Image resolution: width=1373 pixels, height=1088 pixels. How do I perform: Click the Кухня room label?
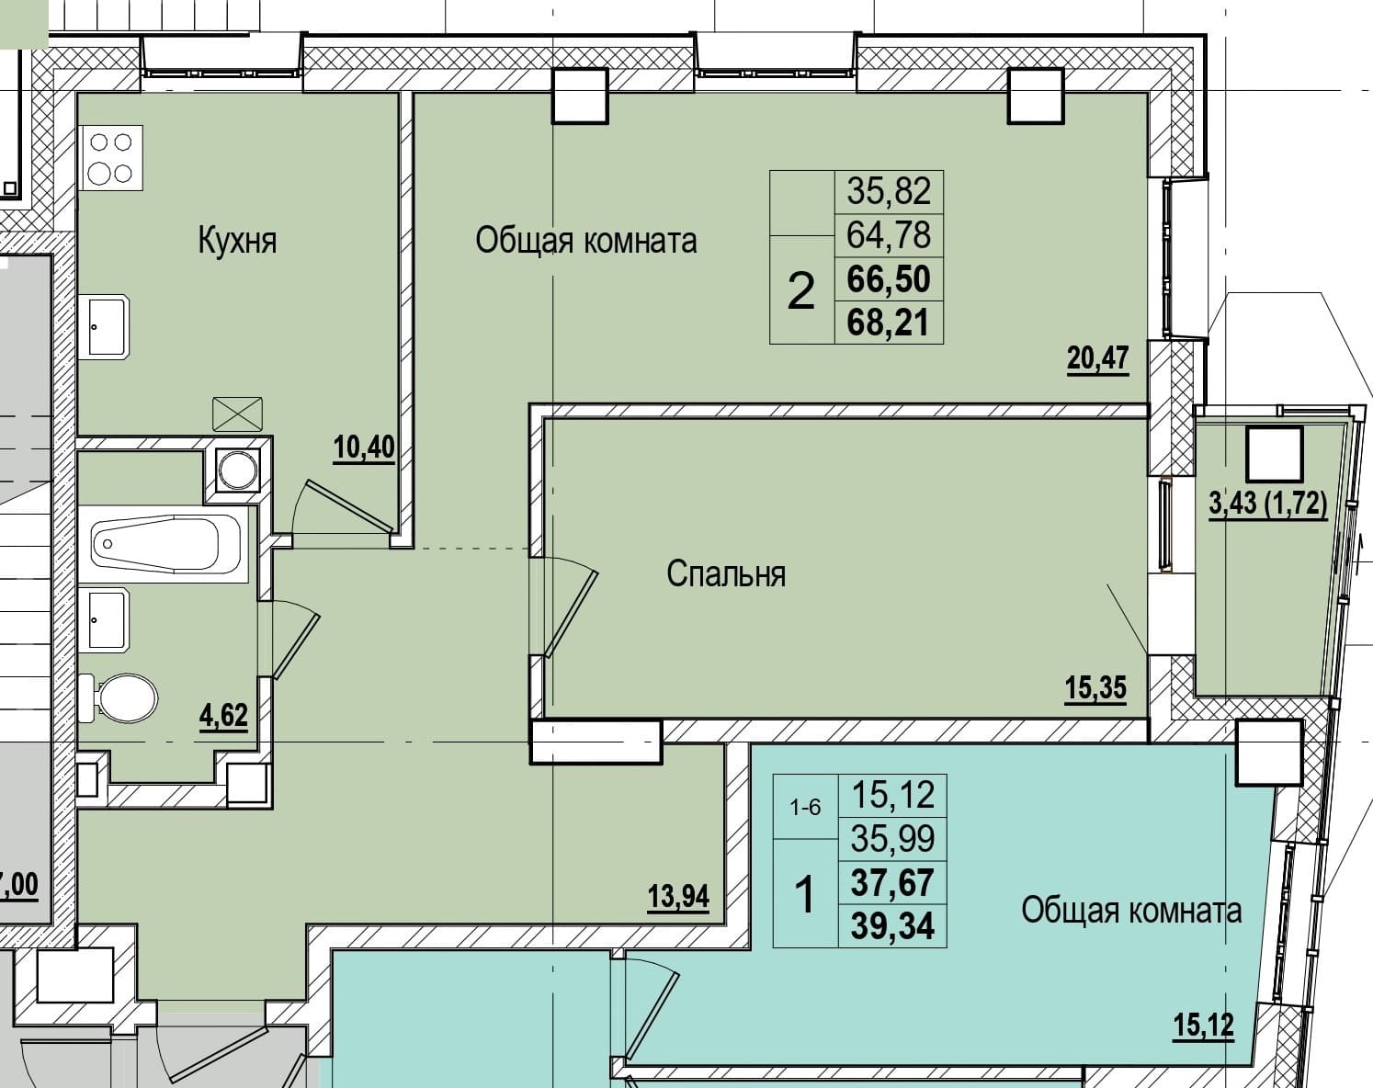click(237, 241)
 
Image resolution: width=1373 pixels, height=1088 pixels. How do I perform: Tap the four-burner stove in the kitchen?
click(111, 158)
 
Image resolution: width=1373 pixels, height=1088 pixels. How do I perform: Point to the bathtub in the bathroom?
click(164, 544)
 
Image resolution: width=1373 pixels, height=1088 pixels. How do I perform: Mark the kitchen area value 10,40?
click(364, 448)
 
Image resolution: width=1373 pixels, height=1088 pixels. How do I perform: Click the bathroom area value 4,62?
click(223, 715)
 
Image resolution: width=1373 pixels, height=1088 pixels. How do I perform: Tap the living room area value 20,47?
click(1098, 358)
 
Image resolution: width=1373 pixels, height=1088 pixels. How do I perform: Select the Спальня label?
click(726, 573)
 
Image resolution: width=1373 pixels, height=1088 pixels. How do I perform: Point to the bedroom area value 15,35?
click(1095, 688)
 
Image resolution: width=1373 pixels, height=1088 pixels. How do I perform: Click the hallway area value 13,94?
click(678, 897)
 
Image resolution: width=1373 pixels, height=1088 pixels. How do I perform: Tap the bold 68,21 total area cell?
click(888, 323)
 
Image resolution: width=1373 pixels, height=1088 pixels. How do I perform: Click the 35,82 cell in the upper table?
click(889, 191)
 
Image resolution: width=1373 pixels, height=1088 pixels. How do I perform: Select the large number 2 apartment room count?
click(801, 290)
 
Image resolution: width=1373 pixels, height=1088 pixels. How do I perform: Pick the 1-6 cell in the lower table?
click(805, 809)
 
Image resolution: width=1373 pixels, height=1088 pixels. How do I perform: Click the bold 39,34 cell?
click(892, 926)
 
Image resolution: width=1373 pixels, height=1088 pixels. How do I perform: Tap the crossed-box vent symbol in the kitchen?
click(237, 414)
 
